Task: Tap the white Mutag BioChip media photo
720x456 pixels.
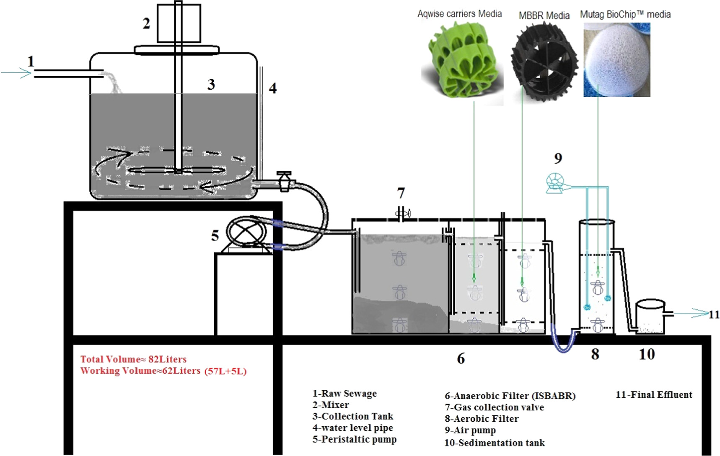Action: click(x=616, y=60)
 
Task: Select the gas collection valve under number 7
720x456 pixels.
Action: click(x=403, y=214)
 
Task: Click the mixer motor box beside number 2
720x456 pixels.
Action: click(x=179, y=23)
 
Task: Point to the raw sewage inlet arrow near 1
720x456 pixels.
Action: click(x=17, y=73)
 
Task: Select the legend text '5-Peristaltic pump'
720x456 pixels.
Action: click(x=355, y=439)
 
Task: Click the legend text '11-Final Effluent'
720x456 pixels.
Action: click(x=654, y=394)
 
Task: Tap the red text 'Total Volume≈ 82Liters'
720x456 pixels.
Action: click(x=133, y=359)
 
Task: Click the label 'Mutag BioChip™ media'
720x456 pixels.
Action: click(x=625, y=14)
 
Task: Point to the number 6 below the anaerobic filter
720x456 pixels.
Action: click(x=461, y=358)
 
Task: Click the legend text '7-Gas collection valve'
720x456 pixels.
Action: click(x=494, y=407)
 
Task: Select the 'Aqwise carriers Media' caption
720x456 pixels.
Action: click(x=459, y=14)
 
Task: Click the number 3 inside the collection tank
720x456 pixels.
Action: click(x=211, y=85)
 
